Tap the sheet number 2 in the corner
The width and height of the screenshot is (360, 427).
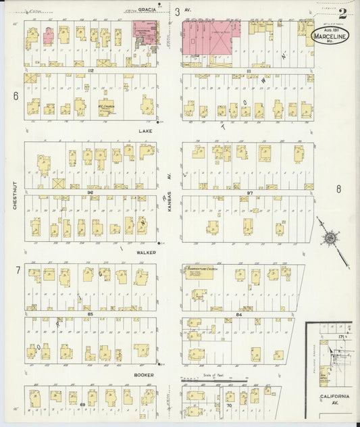point(343,12)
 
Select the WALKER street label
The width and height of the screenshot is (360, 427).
point(147,252)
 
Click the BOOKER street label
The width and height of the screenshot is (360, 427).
point(143,374)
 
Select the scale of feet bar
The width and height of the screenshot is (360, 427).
point(205,380)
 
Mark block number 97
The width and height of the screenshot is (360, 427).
point(249,193)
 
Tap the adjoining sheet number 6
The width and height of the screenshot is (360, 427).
point(15,96)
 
